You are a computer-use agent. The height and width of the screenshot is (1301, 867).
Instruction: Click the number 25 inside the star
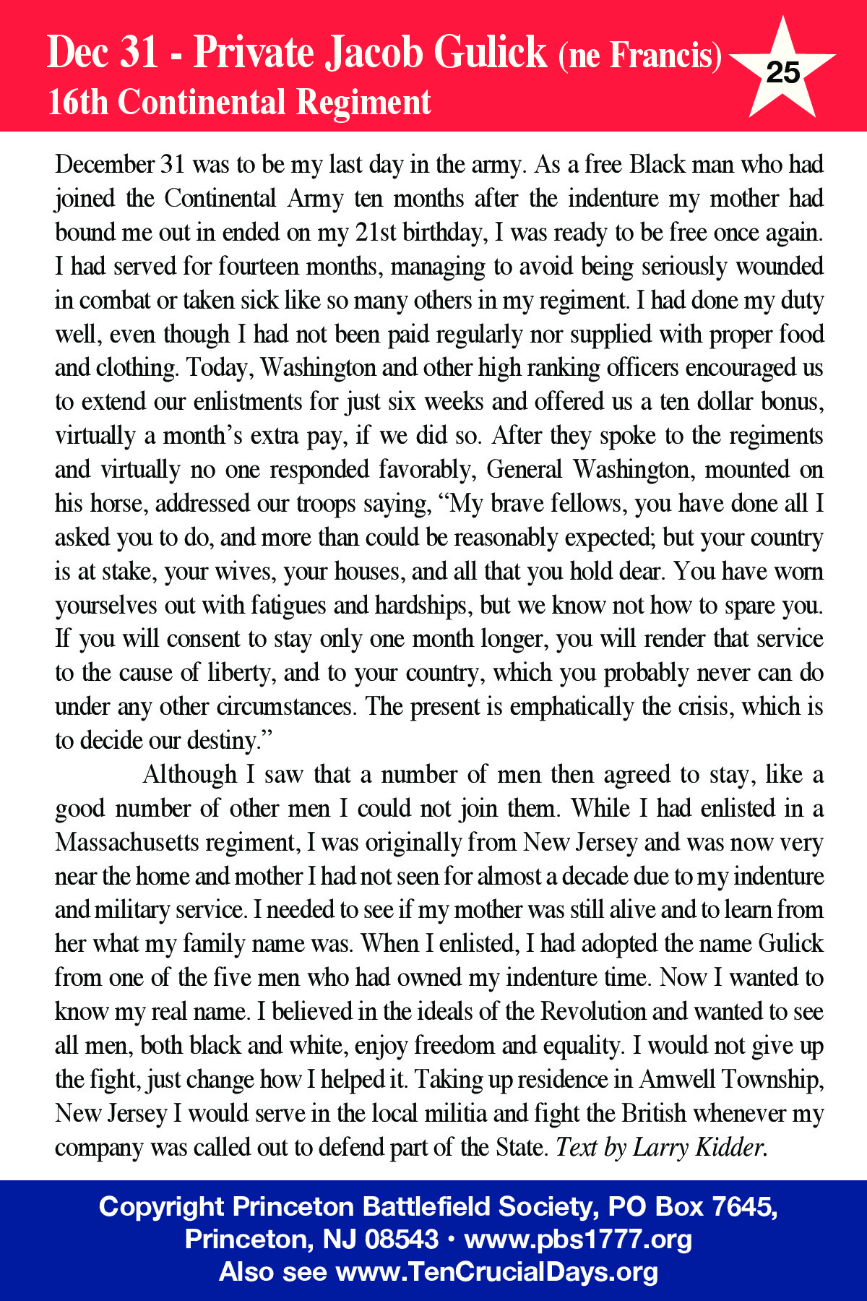[x=782, y=72]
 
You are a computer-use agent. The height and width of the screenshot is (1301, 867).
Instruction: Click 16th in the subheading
[x=77, y=102]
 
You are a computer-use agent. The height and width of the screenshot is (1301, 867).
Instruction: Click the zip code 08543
[x=401, y=1240]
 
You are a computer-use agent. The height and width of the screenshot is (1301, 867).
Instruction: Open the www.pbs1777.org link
[x=578, y=1240]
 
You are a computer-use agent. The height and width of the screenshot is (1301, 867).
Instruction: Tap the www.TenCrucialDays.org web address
[x=497, y=1272]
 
